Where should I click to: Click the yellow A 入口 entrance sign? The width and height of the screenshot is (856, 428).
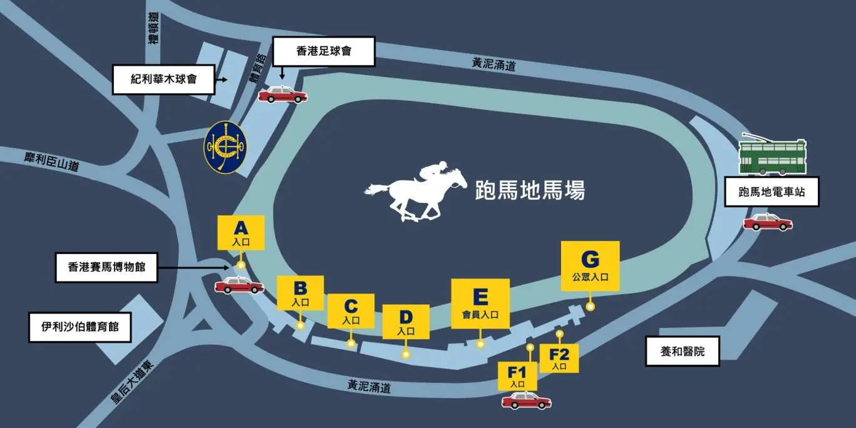240,233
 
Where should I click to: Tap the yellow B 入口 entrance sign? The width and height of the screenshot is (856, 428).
300,293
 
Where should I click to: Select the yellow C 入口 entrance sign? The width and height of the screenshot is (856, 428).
351,311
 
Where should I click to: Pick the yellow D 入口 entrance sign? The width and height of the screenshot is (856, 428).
406,322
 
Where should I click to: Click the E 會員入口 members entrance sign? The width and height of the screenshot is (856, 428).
480,303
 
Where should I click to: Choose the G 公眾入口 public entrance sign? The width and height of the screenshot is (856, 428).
590,266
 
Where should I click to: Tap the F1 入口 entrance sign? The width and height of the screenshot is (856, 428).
517,375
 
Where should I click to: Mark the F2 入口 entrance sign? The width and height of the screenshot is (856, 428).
559,358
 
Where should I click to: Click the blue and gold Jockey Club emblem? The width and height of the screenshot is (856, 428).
225,147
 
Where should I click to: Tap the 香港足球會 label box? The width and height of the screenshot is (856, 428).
324,51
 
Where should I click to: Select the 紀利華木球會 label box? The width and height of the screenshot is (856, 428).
163,79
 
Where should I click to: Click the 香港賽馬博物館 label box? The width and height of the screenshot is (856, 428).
106,267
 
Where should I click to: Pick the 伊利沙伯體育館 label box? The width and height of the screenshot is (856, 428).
81,327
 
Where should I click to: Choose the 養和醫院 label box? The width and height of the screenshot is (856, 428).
683,351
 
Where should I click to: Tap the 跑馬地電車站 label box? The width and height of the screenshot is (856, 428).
771,192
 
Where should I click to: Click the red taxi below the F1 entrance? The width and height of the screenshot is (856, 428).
526,401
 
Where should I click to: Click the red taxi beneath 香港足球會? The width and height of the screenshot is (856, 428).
283,95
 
